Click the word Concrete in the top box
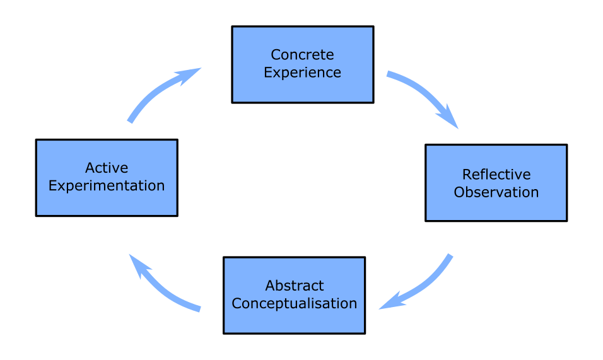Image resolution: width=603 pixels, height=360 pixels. coord(302,55)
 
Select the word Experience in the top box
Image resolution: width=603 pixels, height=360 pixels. coord(302,73)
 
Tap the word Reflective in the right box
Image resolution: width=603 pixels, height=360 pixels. coord(496,175)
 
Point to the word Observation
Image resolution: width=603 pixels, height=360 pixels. coord(496,192)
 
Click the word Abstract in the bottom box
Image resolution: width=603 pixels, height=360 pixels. coord(294,286)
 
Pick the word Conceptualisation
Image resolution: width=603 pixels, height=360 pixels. coord(294,303)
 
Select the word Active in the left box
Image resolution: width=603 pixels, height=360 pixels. coord(107,168)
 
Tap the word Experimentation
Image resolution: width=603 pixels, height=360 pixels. coord(107,186)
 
